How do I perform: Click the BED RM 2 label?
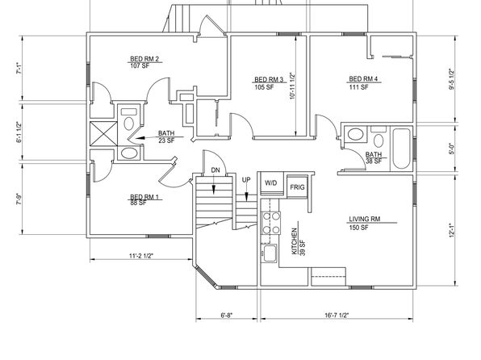[x=144, y=59]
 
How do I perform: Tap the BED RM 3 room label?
[x=269, y=80]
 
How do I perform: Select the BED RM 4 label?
[x=363, y=79]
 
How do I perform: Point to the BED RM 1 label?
[x=144, y=197]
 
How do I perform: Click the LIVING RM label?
[x=365, y=219]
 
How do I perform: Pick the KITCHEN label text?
[x=295, y=241]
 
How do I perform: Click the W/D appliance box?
[x=272, y=183]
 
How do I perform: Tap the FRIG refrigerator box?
[x=297, y=187]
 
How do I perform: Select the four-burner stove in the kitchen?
[x=270, y=223]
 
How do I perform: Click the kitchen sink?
[x=270, y=253]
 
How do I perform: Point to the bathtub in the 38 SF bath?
[x=402, y=149]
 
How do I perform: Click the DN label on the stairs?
[x=215, y=170]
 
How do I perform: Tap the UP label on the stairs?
[x=246, y=180]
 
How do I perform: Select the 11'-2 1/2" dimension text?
[x=140, y=256]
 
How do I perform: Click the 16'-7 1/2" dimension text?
[x=337, y=315]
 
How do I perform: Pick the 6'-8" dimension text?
[x=227, y=315]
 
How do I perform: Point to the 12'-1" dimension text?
[x=451, y=230]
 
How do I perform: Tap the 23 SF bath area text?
[x=166, y=141]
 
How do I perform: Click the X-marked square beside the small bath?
[x=103, y=134]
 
